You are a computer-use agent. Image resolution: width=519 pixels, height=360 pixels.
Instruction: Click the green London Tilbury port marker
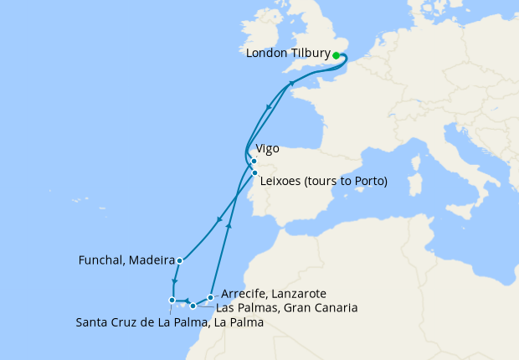(337, 55)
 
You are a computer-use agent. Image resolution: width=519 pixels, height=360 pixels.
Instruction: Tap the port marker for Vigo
(253, 161)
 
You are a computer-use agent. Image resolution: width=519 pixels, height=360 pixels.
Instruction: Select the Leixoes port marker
(254, 172)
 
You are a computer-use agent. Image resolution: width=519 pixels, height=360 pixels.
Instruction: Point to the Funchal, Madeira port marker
(180, 260)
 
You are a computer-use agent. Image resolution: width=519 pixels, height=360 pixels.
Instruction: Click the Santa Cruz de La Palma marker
(172, 300)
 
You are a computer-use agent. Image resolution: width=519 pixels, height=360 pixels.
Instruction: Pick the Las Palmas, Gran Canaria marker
(193, 306)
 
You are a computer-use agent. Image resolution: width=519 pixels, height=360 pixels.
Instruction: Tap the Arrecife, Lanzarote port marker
(210, 297)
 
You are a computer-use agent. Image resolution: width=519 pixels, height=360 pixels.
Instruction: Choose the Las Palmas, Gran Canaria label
(286, 308)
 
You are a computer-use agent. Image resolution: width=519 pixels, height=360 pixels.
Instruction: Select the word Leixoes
(282, 181)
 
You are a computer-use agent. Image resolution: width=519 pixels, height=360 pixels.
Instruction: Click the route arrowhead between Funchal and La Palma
(174, 281)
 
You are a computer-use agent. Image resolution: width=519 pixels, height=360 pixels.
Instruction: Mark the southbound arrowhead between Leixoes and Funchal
(219, 220)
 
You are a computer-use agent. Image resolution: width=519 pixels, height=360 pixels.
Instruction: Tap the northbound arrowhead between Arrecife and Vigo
(229, 225)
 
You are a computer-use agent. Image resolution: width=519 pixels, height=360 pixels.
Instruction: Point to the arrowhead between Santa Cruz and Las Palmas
(185, 300)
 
